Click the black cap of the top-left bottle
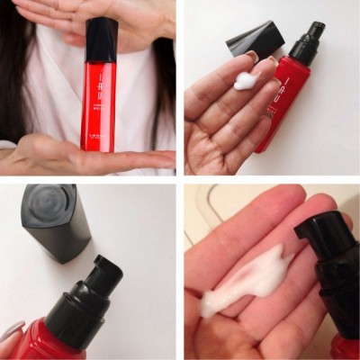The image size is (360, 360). (x=101, y=40)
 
